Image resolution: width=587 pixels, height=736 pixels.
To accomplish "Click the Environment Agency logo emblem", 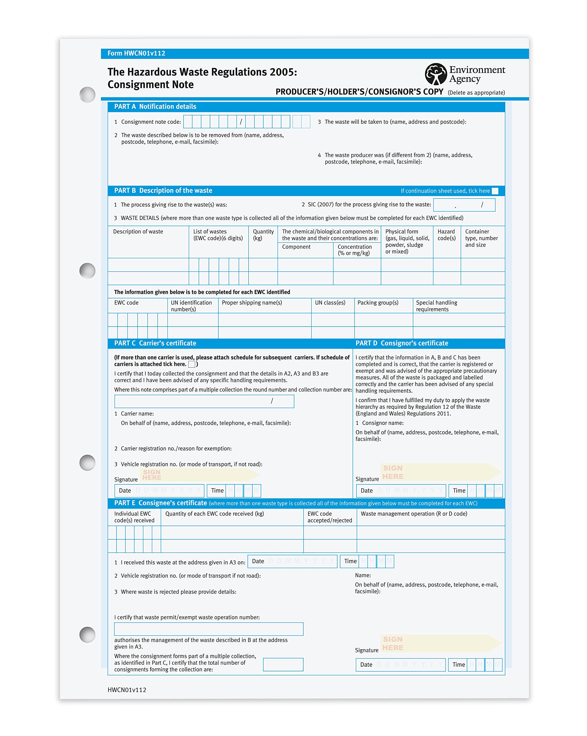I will coord(435,74).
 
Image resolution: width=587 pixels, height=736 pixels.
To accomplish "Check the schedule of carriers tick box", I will coord(192,364).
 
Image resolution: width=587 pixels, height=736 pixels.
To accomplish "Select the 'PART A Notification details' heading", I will coord(155,106).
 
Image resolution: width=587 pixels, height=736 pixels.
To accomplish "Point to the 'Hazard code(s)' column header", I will coord(446,235).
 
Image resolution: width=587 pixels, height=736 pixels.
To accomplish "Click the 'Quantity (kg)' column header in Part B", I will coord(263,235).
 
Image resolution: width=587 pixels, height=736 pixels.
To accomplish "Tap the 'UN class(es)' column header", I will coord(330,303).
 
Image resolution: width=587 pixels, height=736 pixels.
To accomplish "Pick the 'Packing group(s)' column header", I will coord(378,303).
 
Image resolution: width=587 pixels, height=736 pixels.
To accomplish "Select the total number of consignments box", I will coord(283,664).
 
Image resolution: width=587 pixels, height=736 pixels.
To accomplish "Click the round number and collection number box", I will coord(204,401).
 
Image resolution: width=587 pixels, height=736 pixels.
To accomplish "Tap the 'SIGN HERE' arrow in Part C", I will coord(200,475).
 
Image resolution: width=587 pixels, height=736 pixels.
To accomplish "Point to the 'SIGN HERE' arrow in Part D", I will coord(441,472).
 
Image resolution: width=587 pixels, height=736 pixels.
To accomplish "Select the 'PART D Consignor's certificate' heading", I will coord(401,343).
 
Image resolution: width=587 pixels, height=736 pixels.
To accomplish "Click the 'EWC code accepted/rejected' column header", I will coord(329,517).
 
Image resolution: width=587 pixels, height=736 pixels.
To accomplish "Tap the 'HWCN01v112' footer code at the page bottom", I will coord(127,690).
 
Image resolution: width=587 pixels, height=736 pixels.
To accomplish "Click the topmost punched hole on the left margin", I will coord(87,95).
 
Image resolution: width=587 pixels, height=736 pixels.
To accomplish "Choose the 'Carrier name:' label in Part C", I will coord(137,414).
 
